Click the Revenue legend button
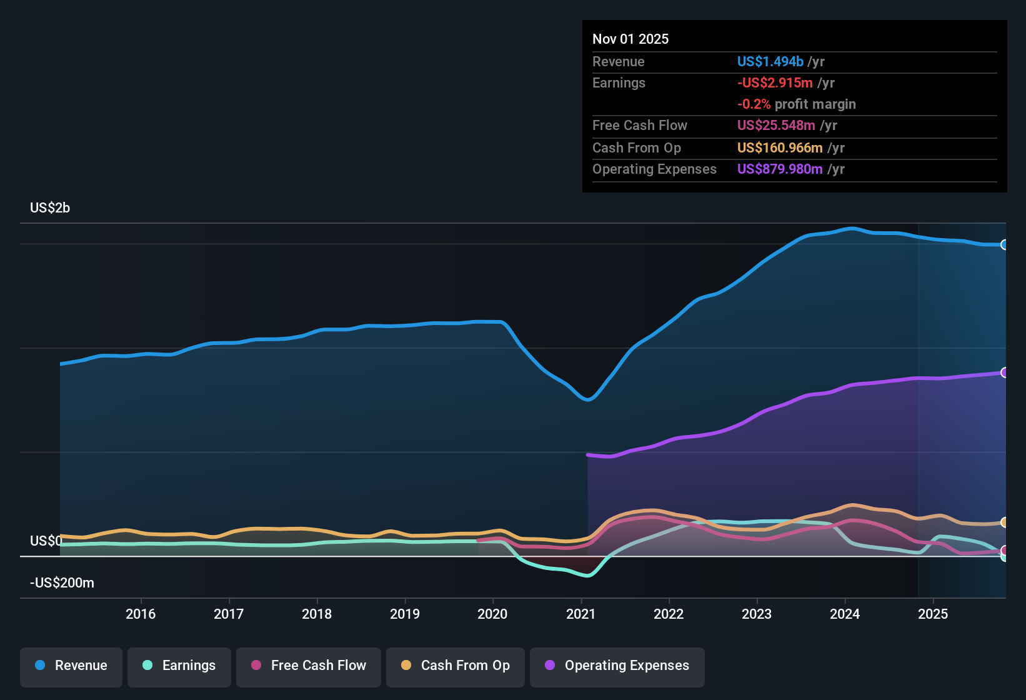pos(71,666)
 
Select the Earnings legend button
pos(179,666)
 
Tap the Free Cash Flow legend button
pos(309,666)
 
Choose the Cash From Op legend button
pos(456,666)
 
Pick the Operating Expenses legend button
pos(617,666)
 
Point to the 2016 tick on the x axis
pos(141,614)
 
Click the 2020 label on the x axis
pos(492,614)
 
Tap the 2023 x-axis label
pos(757,614)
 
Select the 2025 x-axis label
pos(933,614)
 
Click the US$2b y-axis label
pos(50,207)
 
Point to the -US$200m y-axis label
pos(62,582)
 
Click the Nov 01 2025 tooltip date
pos(630,39)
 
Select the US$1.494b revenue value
pos(770,61)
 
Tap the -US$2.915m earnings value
pos(775,83)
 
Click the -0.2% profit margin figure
pos(754,104)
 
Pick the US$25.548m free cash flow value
pos(776,125)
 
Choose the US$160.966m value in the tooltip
pos(780,147)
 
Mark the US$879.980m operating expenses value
pos(780,169)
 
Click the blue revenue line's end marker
pos(1004,244)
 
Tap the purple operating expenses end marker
pos(1004,372)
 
